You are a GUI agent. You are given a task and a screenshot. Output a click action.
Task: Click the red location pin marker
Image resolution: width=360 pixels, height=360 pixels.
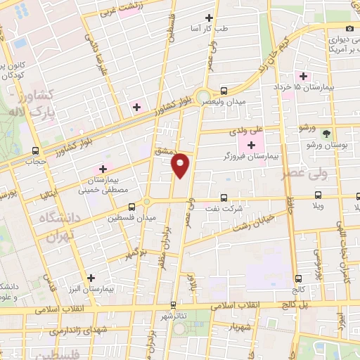pyautogui.click(x=181, y=165)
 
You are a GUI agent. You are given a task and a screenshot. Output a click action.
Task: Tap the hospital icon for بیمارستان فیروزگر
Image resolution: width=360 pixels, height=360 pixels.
pyautogui.click(x=251, y=145)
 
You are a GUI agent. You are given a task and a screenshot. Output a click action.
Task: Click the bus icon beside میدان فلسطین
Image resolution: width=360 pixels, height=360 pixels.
pyautogui.click(x=132, y=207)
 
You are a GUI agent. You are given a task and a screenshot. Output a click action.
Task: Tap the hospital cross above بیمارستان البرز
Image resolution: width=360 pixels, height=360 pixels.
pyautogui.click(x=90, y=278)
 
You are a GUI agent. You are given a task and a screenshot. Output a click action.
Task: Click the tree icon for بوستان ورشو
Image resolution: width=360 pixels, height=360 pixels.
pyautogui.click(x=326, y=134)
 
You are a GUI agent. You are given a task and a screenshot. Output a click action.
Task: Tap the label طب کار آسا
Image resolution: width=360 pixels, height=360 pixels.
pyautogui.click(x=211, y=29)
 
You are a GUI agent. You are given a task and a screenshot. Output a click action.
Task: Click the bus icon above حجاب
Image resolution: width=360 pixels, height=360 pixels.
pyautogui.click(x=36, y=150)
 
